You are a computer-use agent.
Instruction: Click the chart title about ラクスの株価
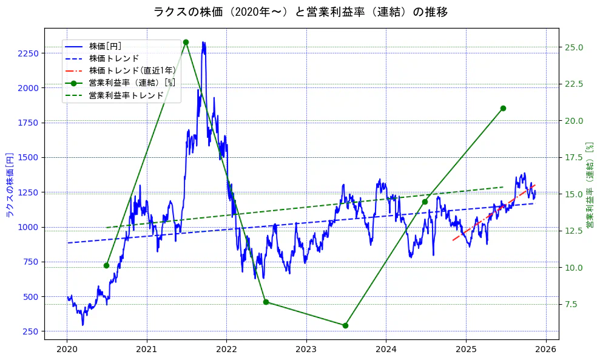(300, 12)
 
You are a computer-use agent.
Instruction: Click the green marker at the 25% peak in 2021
(186, 42)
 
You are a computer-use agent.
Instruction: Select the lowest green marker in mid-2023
(345, 325)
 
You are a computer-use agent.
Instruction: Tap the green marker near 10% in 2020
(106, 265)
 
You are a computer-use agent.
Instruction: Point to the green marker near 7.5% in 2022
(266, 302)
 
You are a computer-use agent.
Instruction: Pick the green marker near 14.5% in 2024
(425, 202)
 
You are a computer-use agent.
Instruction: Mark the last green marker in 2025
(503, 108)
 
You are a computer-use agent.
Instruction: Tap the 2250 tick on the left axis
(28, 53)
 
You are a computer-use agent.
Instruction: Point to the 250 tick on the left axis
(30, 331)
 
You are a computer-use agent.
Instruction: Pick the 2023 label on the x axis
(306, 350)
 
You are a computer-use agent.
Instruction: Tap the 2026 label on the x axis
(546, 350)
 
